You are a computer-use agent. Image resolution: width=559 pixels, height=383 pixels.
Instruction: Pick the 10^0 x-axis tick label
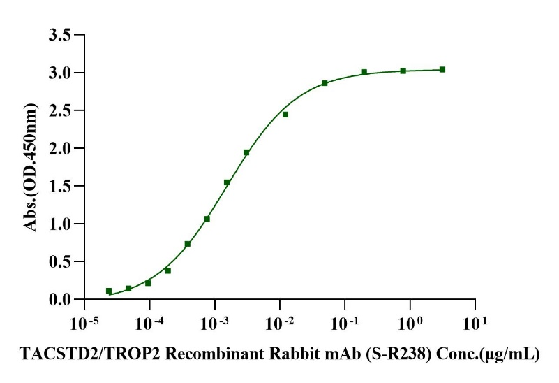click(409, 322)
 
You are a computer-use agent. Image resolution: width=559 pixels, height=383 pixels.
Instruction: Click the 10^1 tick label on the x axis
click(475, 322)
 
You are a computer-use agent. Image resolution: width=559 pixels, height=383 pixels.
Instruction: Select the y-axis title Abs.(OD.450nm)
click(31, 168)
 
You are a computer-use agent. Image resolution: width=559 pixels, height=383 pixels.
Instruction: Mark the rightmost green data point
click(442, 69)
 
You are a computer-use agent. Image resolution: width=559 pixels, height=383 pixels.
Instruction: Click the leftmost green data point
click(109, 291)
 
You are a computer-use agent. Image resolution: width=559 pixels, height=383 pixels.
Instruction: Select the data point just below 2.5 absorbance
click(285, 114)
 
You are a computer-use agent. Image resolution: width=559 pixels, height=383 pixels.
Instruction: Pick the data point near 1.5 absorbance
click(227, 182)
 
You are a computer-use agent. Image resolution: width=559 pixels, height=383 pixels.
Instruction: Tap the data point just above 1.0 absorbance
click(207, 219)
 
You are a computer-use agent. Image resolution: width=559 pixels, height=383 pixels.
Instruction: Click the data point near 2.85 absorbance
click(325, 83)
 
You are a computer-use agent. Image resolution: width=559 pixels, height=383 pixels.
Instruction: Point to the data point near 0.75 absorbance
click(188, 244)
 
